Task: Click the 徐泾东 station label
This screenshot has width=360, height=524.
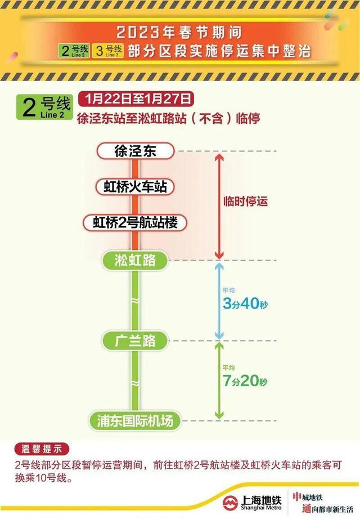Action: pyautogui.click(x=135, y=151)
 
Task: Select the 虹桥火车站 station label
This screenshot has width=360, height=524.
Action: pyautogui.click(x=135, y=187)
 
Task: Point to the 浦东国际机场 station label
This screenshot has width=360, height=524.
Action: pyautogui.click(x=135, y=420)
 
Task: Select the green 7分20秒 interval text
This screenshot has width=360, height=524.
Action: pyautogui.click(x=245, y=381)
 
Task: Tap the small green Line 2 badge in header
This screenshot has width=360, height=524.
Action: pyautogui.click(x=74, y=51)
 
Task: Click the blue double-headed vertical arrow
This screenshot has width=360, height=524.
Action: pyautogui.click(x=218, y=301)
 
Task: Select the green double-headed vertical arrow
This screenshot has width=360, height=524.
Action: pyautogui.click(x=218, y=380)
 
